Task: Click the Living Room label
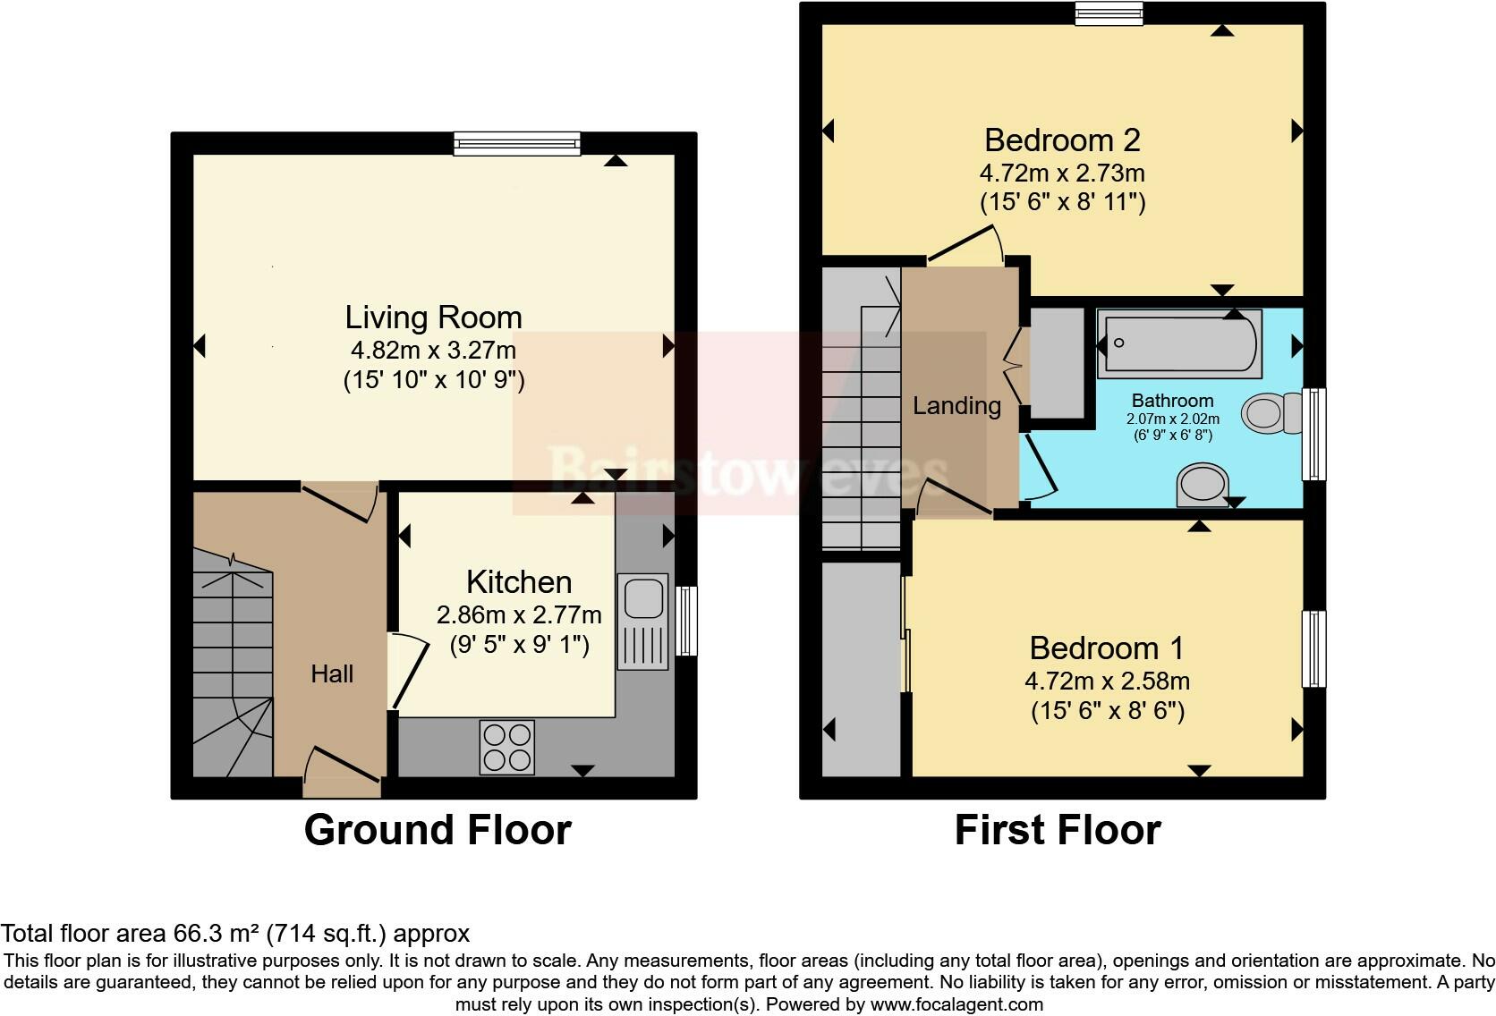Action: pyautogui.click(x=433, y=317)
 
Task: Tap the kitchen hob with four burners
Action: pyautogui.click(x=506, y=748)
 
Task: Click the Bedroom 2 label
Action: pyautogui.click(x=1062, y=140)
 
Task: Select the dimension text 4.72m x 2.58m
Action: pyautogui.click(x=1107, y=682)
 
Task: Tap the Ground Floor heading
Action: pyautogui.click(x=438, y=830)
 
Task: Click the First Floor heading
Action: pyautogui.click(x=1058, y=830)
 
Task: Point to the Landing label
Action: pyautogui.click(x=956, y=406)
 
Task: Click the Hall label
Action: pyautogui.click(x=332, y=674)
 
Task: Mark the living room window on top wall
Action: pyautogui.click(x=516, y=143)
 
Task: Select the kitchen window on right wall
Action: pyautogui.click(x=686, y=621)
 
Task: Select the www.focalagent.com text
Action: pyautogui.click(x=956, y=1004)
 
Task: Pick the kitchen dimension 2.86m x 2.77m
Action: pyautogui.click(x=519, y=615)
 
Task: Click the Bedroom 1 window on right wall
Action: pyautogui.click(x=1313, y=649)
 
